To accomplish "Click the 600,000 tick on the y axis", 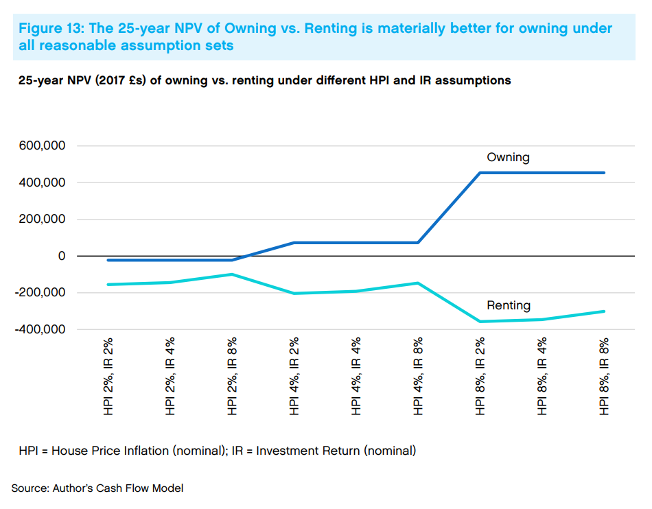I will (43, 146).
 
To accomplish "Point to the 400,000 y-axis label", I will (43, 182).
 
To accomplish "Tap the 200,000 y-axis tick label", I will (43, 220).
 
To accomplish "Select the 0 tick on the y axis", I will (61, 256).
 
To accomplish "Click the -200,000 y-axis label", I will (40, 292).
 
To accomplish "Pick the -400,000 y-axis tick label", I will (40, 329).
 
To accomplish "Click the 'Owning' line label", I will (508, 157).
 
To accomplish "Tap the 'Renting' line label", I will (509, 305).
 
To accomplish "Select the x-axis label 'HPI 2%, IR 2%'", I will (108, 376).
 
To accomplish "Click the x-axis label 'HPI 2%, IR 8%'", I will (233, 376).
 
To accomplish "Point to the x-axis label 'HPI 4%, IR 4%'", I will (356, 376).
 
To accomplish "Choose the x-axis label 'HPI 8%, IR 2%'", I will (480, 376).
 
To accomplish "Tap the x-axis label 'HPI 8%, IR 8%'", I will (604, 376).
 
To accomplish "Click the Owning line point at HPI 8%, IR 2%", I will (480, 173).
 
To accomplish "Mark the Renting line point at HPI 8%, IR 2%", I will (480, 322).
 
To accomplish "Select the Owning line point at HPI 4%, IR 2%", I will (294, 243).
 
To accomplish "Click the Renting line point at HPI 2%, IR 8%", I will (233, 274).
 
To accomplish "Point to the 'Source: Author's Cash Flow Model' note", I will (97, 488).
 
